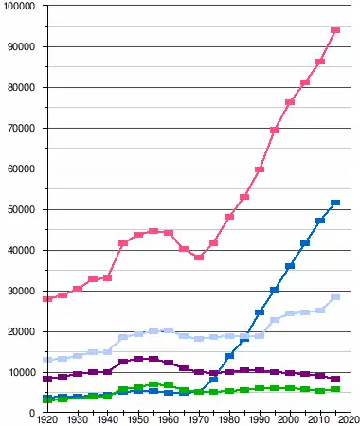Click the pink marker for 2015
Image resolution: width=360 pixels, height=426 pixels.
pyautogui.click(x=335, y=30)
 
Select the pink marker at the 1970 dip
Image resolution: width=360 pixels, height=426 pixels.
pyautogui.click(x=199, y=257)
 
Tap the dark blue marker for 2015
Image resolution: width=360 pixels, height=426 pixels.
pyautogui.click(x=335, y=203)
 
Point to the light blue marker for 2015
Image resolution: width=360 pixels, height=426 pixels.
pyautogui.click(x=335, y=297)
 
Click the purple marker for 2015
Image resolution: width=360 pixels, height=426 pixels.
pyautogui.click(x=335, y=379)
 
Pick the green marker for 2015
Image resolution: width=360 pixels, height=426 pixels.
pyautogui.click(x=335, y=389)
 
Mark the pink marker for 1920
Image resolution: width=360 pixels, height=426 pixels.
pyautogui.click(x=47, y=299)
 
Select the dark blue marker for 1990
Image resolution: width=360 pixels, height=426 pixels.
pyautogui.click(x=260, y=312)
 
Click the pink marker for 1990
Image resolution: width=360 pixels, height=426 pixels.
pyautogui.click(x=260, y=169)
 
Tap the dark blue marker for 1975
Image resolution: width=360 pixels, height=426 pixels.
pyautogui.click(x=214, y=380)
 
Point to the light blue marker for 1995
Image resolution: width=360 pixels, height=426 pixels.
pyautogui.click(x=275, y=320)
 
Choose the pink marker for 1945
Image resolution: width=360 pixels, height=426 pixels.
pyautogui.click(x=123, y=243)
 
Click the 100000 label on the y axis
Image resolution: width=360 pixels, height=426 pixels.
pyautogui.click(x=19, y=6)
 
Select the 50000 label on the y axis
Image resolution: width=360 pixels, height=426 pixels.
pyautogui.click(x=21, y=210)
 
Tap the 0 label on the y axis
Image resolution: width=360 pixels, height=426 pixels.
pyautogui.click(x=32, y=413)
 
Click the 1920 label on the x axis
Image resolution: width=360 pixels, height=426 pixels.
pyautogui.click(x=47, y=420)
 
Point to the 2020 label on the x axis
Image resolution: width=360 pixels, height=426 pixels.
pyautogui.click(x=350, y=420)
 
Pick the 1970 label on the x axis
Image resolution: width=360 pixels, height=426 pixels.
pyautogui.click(x=199, y=420)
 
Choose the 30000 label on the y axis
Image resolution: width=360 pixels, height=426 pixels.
pyautogui.click(x=21, y=291)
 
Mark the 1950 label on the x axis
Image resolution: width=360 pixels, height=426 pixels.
pyautogui.click(x=138, y=420)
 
